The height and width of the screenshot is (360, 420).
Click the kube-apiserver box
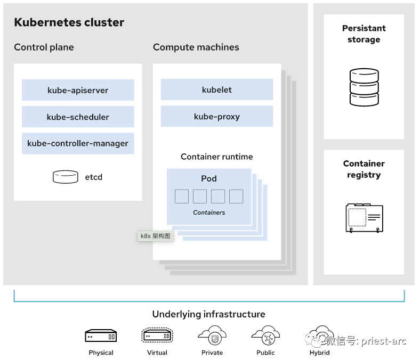pyautogui.click(x=78, y=90)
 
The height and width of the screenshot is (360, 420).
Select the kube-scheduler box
pyautogui.click(x=78, y=117)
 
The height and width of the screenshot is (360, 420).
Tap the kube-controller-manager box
pyautogui.click(x=78, y=143)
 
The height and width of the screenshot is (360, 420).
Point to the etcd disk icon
pyautogui.click(x=66, y=177)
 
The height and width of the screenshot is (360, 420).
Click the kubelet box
pyautogui.click(x=217, y=89)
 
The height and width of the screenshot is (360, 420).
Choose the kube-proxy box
pyautogui.click(x=217, y=116)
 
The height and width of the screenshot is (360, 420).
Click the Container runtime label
pyautogui.click(x=217, y=157)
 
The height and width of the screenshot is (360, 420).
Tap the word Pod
pyautogui.click(x=209, y=178)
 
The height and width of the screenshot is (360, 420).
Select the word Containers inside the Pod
pyautogui.click(x=209, y=212)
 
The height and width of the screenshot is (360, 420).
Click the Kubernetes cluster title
pyautogui.click(x=69, y=22)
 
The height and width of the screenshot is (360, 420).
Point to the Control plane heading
pyautogui.click(x=44, y=47)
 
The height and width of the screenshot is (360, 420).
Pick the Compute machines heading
pyautogui.click(x=196, y=47)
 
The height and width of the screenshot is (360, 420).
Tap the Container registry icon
pyautogui.click(x=364, y=217)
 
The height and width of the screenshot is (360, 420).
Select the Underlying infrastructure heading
pyautogui.click(x=209, y=314)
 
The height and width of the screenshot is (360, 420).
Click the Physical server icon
pyautogui.click(x=101, y=336)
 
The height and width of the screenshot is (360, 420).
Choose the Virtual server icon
pyautogui.click(x=157, y=336)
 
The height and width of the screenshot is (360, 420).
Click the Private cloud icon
pyautogui.click(x=212, y=336)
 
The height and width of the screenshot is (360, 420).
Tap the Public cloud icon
pyautogui.click(x=265, y=336)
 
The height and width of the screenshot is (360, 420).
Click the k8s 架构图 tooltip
pyautogui.click(x=155, y=236)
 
